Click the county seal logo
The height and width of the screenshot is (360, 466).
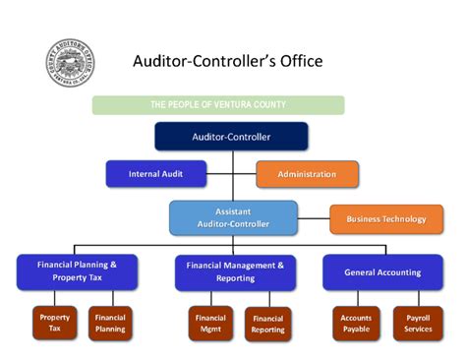[71, 64]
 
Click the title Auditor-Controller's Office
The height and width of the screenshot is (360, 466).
[227, 62]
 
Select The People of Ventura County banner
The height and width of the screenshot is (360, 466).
[218, 104]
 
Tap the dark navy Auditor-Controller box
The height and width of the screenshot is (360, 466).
[231, 137]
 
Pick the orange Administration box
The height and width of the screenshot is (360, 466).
[307, 174]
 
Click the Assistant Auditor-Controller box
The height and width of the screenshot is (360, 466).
[233, 217]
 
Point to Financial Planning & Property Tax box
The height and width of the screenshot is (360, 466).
[77, 271]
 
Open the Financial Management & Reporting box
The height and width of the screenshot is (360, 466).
[235, 271]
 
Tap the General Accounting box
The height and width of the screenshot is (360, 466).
[382, 271]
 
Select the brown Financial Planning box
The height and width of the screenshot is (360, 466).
[110, 324]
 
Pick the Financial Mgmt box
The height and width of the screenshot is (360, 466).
[210, 324]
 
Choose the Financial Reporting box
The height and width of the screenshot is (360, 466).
[268, 324]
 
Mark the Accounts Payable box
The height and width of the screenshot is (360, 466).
[356, 324]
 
